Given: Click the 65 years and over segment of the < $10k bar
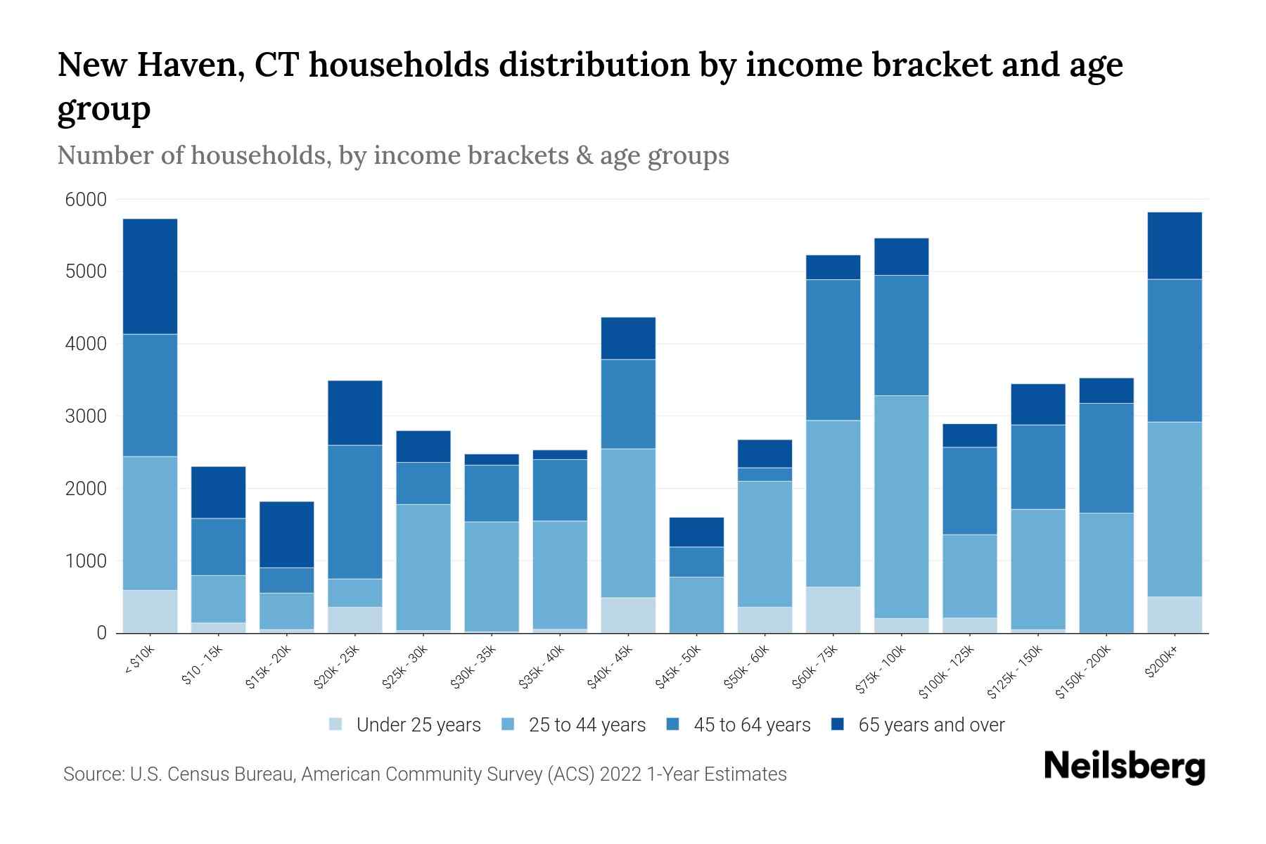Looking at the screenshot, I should tap(150, 276).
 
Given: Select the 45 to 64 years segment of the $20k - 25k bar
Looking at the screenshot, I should tap(355, 512).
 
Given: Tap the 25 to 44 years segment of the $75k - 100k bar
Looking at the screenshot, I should tap(901, 506).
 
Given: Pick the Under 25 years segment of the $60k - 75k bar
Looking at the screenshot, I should tap(833, 610).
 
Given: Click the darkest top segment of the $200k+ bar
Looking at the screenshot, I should tap(1174, 245).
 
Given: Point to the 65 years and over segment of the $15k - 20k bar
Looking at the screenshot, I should tap(287, 535).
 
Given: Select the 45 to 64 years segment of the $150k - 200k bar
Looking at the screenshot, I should tap(1106, 458).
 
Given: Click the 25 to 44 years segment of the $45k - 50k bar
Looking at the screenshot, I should tap(696, 605).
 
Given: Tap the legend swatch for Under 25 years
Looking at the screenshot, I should tap(336, 724).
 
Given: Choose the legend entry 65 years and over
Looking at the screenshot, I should tap(931, 724).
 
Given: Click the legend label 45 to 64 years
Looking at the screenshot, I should tap(751, 724).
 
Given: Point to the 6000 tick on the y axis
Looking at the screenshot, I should tap(86, 200).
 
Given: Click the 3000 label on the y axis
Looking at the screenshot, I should tap(86, 416).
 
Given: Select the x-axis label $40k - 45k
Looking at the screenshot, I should tap(610, 668).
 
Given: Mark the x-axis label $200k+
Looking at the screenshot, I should tap(1161, 663).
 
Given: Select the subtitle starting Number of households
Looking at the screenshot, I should tap(392, 155).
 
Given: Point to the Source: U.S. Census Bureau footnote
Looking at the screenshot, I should tap(425, 774).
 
